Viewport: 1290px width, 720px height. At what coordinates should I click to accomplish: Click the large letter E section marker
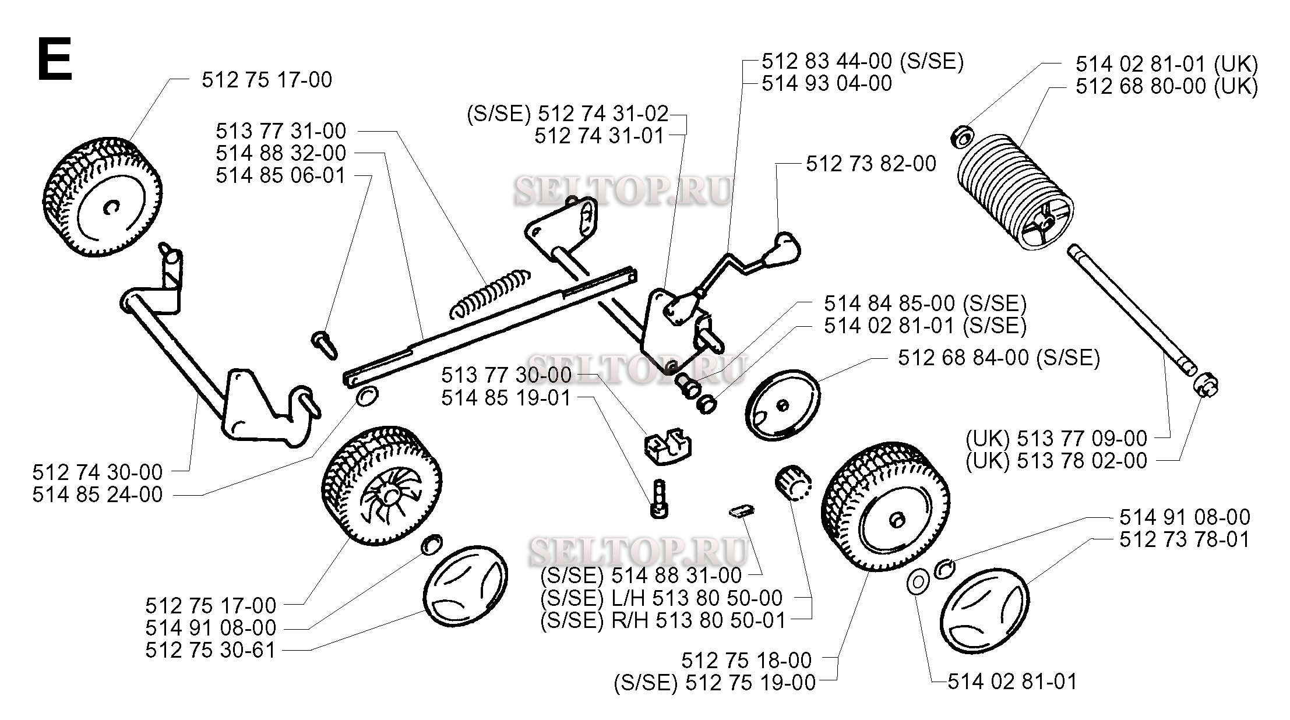click(x=55, y=59)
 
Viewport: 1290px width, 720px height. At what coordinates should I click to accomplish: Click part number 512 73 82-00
click(x=871, y=164)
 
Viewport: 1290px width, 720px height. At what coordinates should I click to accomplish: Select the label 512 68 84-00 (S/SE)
click(x=999, y=358)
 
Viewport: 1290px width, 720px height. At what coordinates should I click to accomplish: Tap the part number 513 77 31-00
click(x=281, y=130)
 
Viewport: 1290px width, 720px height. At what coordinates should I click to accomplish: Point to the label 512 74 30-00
click(x=97, y=472)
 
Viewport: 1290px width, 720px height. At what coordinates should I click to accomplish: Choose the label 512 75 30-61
click(x=210, y=650)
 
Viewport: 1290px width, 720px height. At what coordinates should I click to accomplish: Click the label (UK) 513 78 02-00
click(x=1056, y=461)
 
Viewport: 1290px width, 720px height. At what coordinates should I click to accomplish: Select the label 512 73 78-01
click(x=1185, y=539)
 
